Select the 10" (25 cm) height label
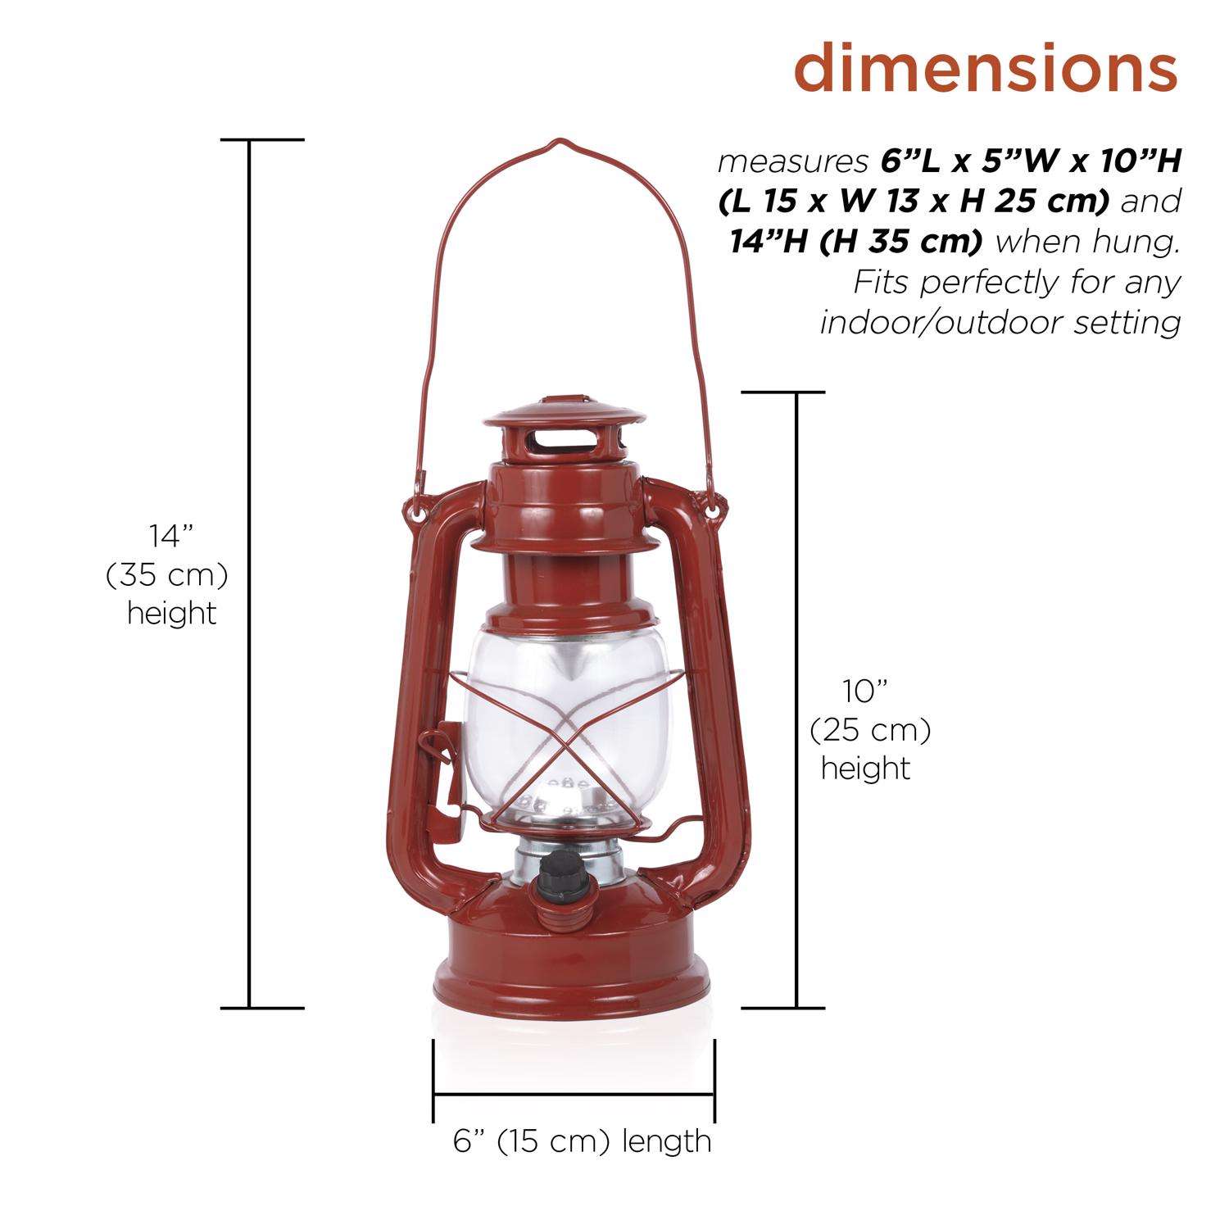click(x=868, y=730)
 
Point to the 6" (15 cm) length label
click(x=582, y=1141)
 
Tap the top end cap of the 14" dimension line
click(x=249, y=140)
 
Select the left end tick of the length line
click(x=433, y=1080)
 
